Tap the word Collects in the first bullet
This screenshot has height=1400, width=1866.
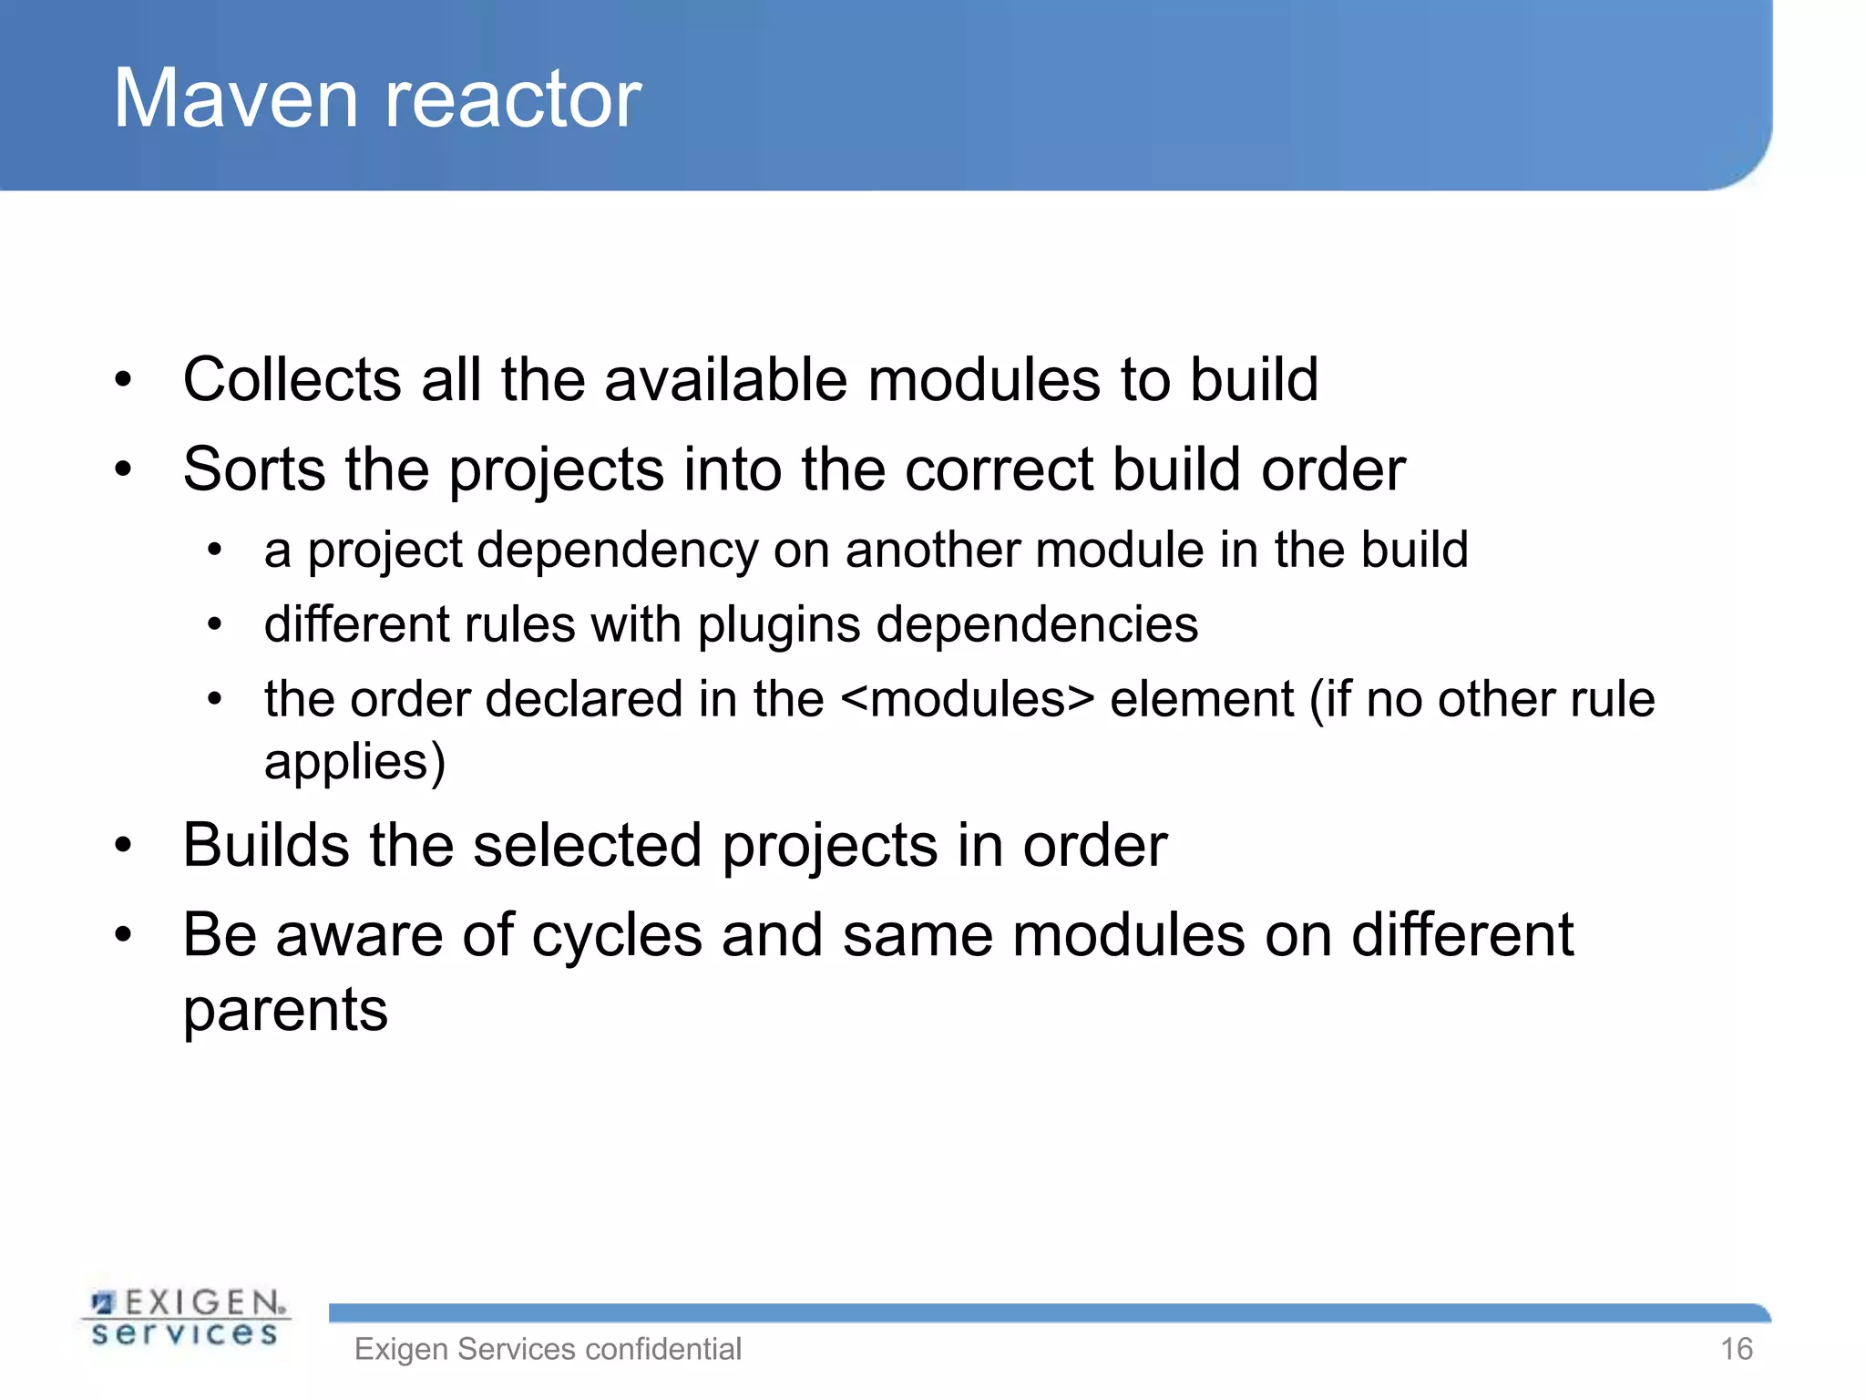coord(292,379)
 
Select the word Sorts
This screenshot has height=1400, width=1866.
coord(254,469)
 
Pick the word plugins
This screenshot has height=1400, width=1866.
coord(779,626)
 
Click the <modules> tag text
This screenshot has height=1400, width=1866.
coord(967,700)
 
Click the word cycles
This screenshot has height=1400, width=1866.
coord(617,936)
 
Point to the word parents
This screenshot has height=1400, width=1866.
coord(285,1010)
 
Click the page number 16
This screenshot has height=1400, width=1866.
coord(1736,1349)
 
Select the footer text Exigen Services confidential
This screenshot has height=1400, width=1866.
coord(548,1349)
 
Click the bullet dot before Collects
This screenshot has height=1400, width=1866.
coord(123,379)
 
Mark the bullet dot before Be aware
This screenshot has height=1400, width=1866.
coord(123,935)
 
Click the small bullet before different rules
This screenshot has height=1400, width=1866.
coord(214,625)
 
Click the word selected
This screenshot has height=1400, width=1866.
coord(588,845)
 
